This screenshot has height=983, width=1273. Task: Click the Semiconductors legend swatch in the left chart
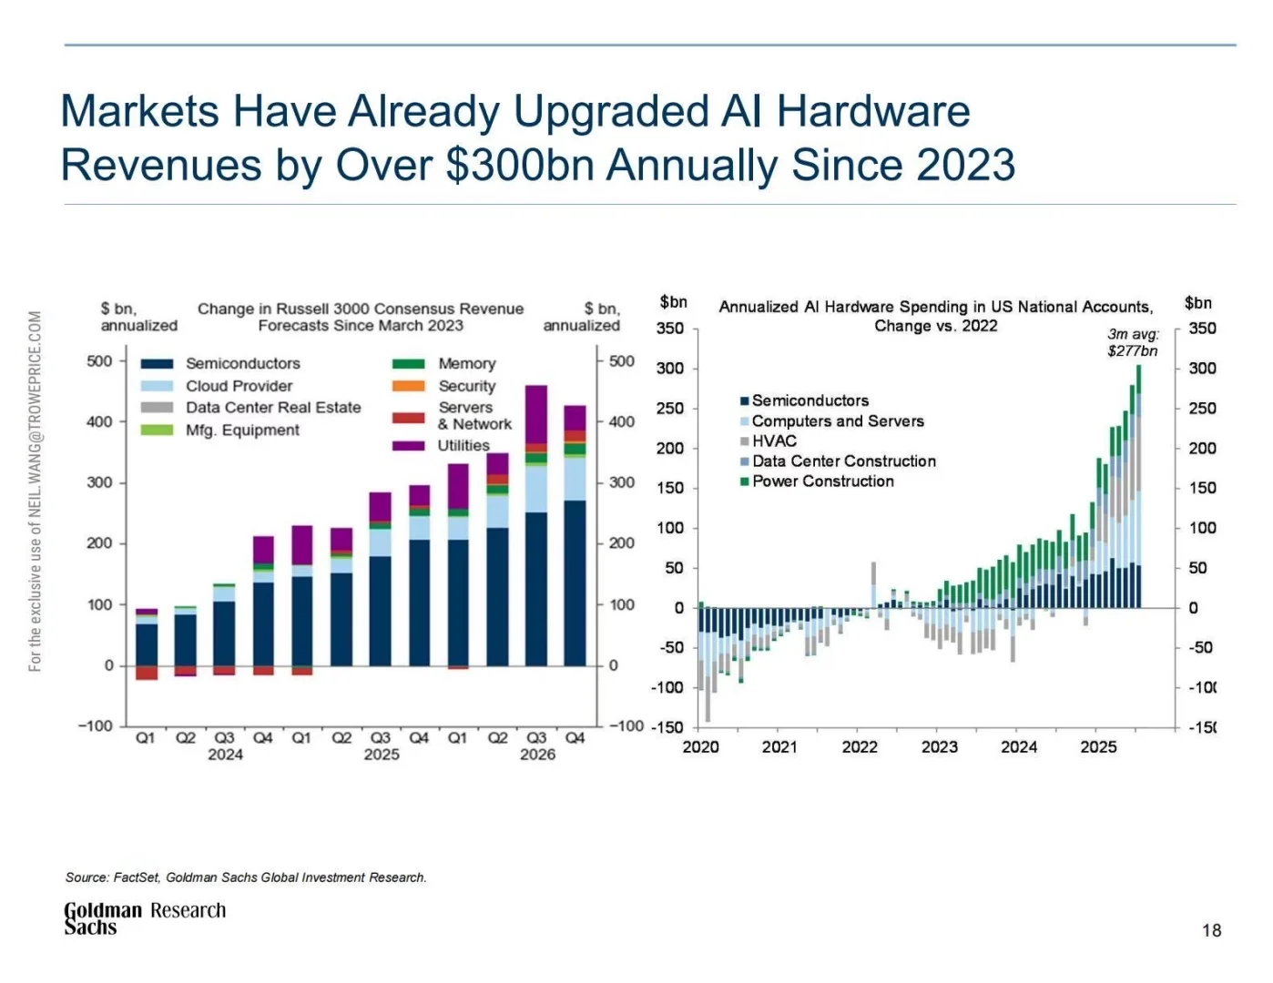tap(157, 363)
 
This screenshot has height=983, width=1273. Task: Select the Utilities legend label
tap(463, 445)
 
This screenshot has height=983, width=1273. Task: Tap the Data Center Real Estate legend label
tap(273, 408)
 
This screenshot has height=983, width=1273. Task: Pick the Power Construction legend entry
tap(822, 481)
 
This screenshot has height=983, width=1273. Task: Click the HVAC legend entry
tap(773, 441)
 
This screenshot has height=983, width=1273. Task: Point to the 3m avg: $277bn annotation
tap(1133, 342)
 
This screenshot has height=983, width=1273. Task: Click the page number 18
tap(1211, 930)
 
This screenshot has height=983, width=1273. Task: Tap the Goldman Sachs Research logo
tap(144, 917)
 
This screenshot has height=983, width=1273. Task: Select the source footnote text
tap(246, 877)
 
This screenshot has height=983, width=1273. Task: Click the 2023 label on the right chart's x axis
tap(939, 747)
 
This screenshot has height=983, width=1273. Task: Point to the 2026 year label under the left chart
tap(537, 755)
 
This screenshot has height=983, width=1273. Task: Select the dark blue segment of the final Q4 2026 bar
tap(575, 583)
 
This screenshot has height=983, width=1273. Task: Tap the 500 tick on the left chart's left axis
tap(99, 361)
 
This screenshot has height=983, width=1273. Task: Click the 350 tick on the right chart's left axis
tap(669, 329)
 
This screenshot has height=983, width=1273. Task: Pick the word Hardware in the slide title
tap(873, 112)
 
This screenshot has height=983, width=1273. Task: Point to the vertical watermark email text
tap(36, 491)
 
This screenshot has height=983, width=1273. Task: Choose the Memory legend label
tap(467, 363)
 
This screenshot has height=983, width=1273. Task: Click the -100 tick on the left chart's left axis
tap(96, 726)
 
